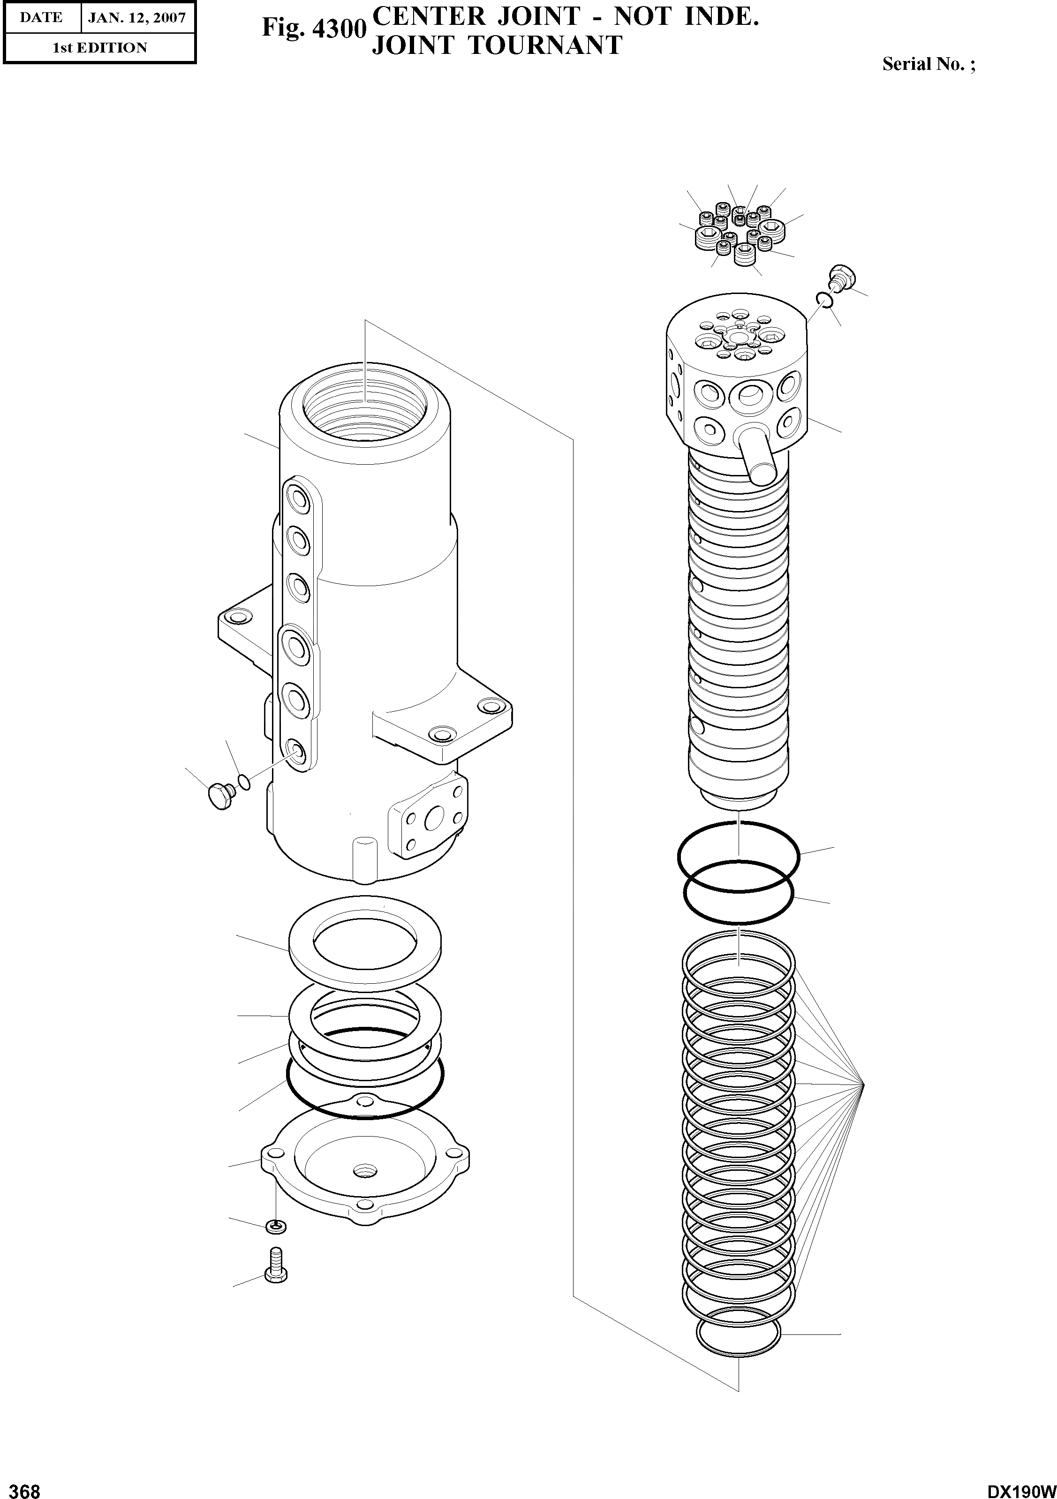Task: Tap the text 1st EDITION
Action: click(99, 48)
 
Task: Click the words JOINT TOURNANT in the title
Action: click(496, 45)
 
